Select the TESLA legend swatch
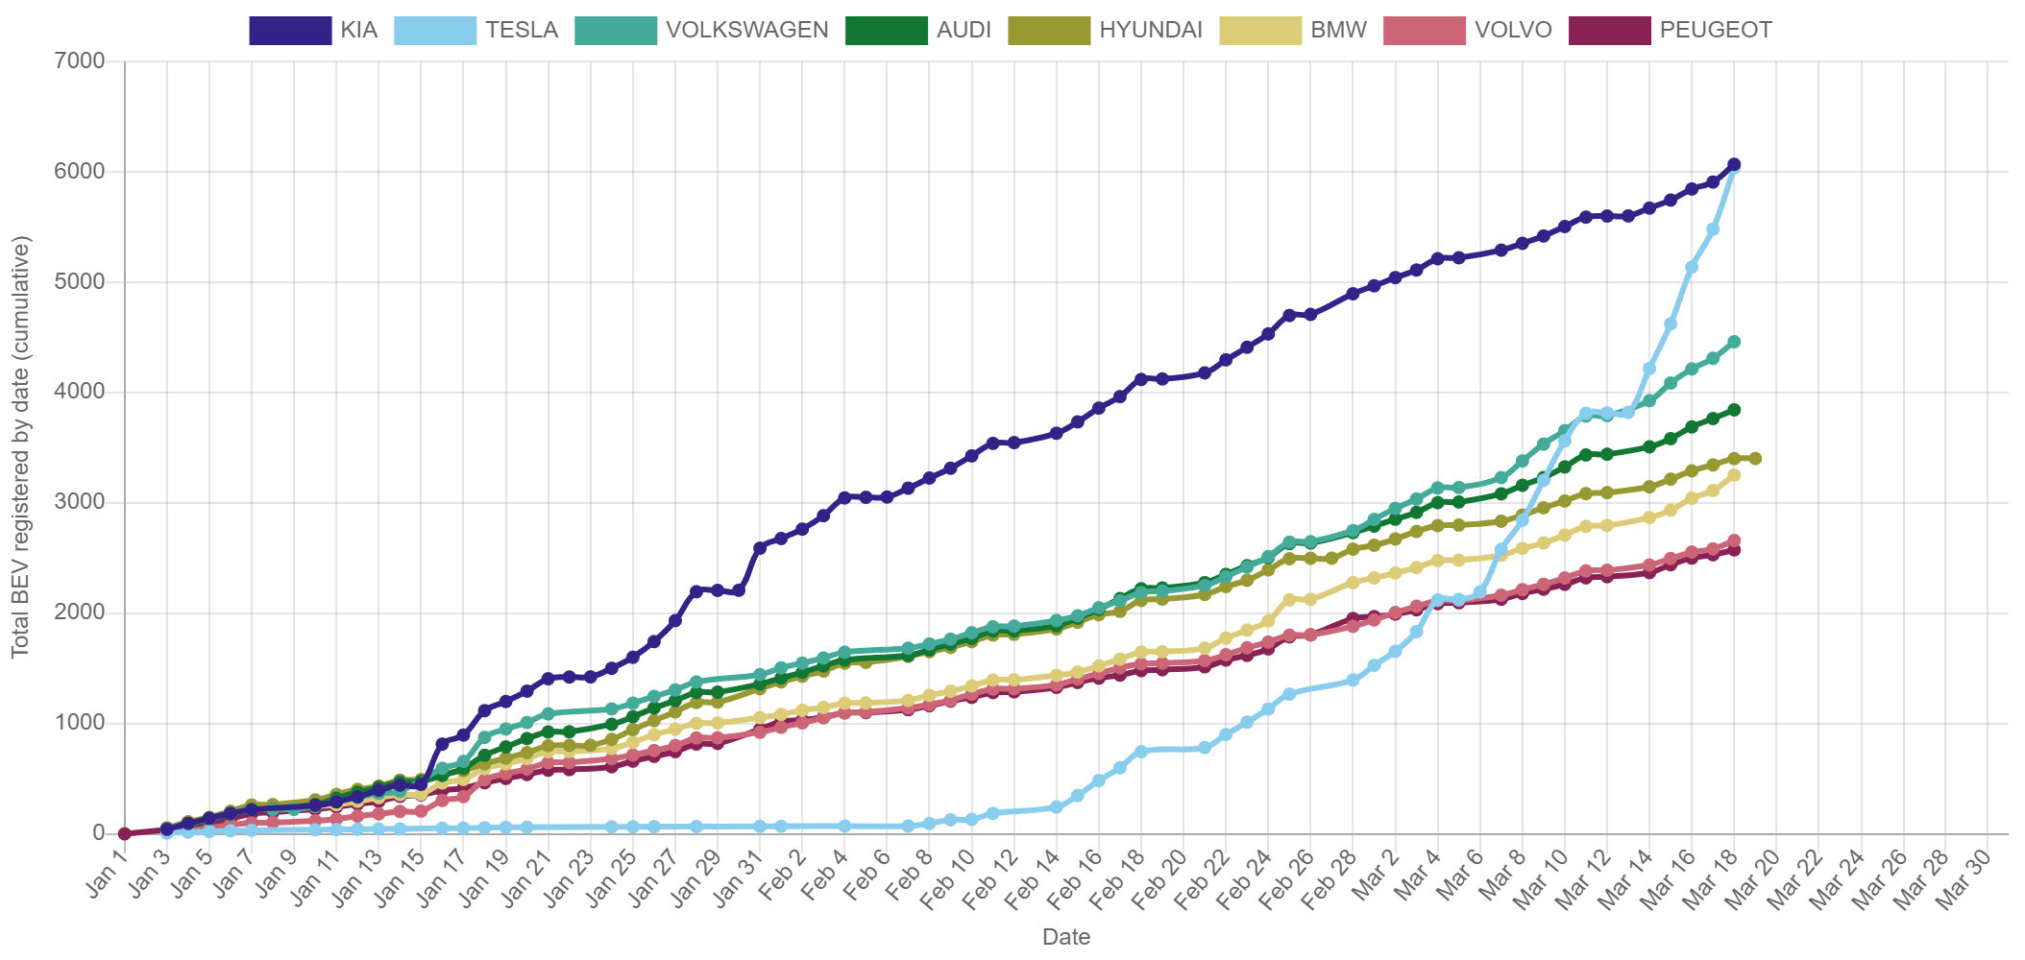coord(435,30)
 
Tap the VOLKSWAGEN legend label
coord(746,30)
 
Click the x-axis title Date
coord(1065,937)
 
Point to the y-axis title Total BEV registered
coord(20,446)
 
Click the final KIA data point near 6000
coord(1734,165)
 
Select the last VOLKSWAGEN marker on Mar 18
coord(1734,342)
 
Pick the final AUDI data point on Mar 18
coord(1734,410)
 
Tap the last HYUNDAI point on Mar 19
coord(1755,459)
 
